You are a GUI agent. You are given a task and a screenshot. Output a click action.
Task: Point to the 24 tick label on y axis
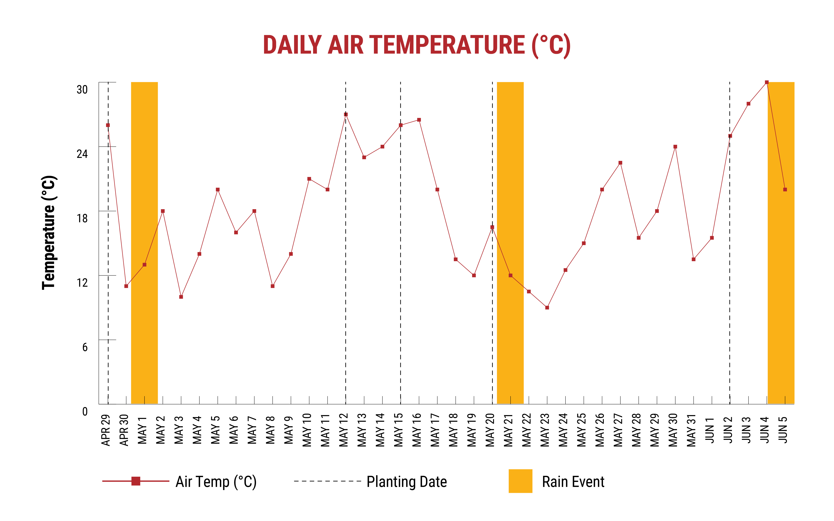click(82, 154)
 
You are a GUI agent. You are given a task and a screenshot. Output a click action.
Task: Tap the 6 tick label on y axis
click(85, 347)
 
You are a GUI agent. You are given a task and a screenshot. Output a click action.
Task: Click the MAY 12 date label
click(344, 430)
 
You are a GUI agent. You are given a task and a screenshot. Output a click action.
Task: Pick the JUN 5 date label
click(783, 430)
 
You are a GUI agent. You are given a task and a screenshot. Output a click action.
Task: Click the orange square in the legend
click(520, 481)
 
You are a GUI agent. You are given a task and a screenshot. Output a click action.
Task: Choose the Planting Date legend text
click(407, 482)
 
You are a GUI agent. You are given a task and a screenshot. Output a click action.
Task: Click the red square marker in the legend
click(136, 481)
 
